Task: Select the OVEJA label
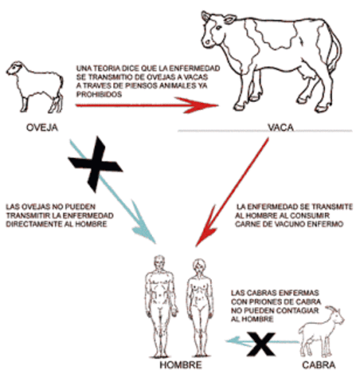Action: tap(36, 124)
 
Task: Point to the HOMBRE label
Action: tap(180, 364)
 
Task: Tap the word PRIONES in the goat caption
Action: tap(271, 302)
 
